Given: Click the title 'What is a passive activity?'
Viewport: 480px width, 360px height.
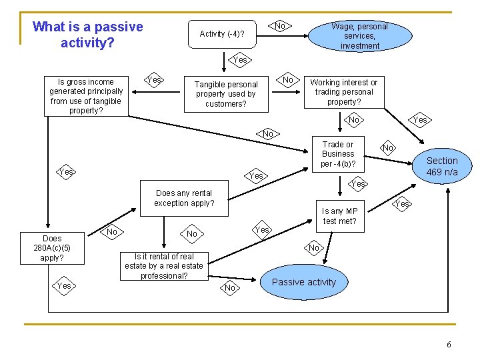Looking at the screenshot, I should pos(87,35).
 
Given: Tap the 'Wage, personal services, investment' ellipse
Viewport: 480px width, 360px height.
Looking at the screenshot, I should pos(359,36).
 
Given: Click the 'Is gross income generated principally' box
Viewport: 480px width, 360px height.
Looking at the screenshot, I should pos(86,96).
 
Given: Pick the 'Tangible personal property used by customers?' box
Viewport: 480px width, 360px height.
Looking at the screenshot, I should pos(226,94).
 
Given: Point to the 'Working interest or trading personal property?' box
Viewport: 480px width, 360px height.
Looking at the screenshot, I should pos(343,92).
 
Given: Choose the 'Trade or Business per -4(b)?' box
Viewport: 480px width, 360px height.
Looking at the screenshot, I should pos(338,154).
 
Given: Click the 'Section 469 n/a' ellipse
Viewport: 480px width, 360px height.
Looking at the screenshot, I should pos(441,166).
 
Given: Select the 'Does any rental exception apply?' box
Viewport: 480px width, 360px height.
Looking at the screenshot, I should pos(184,198).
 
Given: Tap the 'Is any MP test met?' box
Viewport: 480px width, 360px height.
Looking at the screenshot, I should pos(339,216).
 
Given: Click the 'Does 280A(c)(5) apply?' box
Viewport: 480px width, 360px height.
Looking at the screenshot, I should pos(52,248).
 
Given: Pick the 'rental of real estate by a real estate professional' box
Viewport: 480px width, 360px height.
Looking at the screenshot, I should pos(164,265).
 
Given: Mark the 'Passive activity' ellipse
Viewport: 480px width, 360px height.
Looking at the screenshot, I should pos(303,282).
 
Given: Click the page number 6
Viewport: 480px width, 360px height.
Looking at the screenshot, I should pos(449,345).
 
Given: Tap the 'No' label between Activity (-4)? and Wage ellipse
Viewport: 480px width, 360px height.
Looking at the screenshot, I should pos(281,26).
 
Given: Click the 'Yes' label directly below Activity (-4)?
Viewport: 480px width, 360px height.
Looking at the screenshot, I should pos(240,60).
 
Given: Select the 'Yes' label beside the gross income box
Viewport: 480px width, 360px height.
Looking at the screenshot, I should pos(154,80).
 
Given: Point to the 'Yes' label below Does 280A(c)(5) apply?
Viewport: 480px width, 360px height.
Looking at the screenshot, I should pos(64,286).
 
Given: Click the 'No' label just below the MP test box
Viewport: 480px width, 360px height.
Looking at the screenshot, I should pos(315,248).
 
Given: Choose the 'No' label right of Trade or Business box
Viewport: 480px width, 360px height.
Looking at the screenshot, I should pos(387,147).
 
